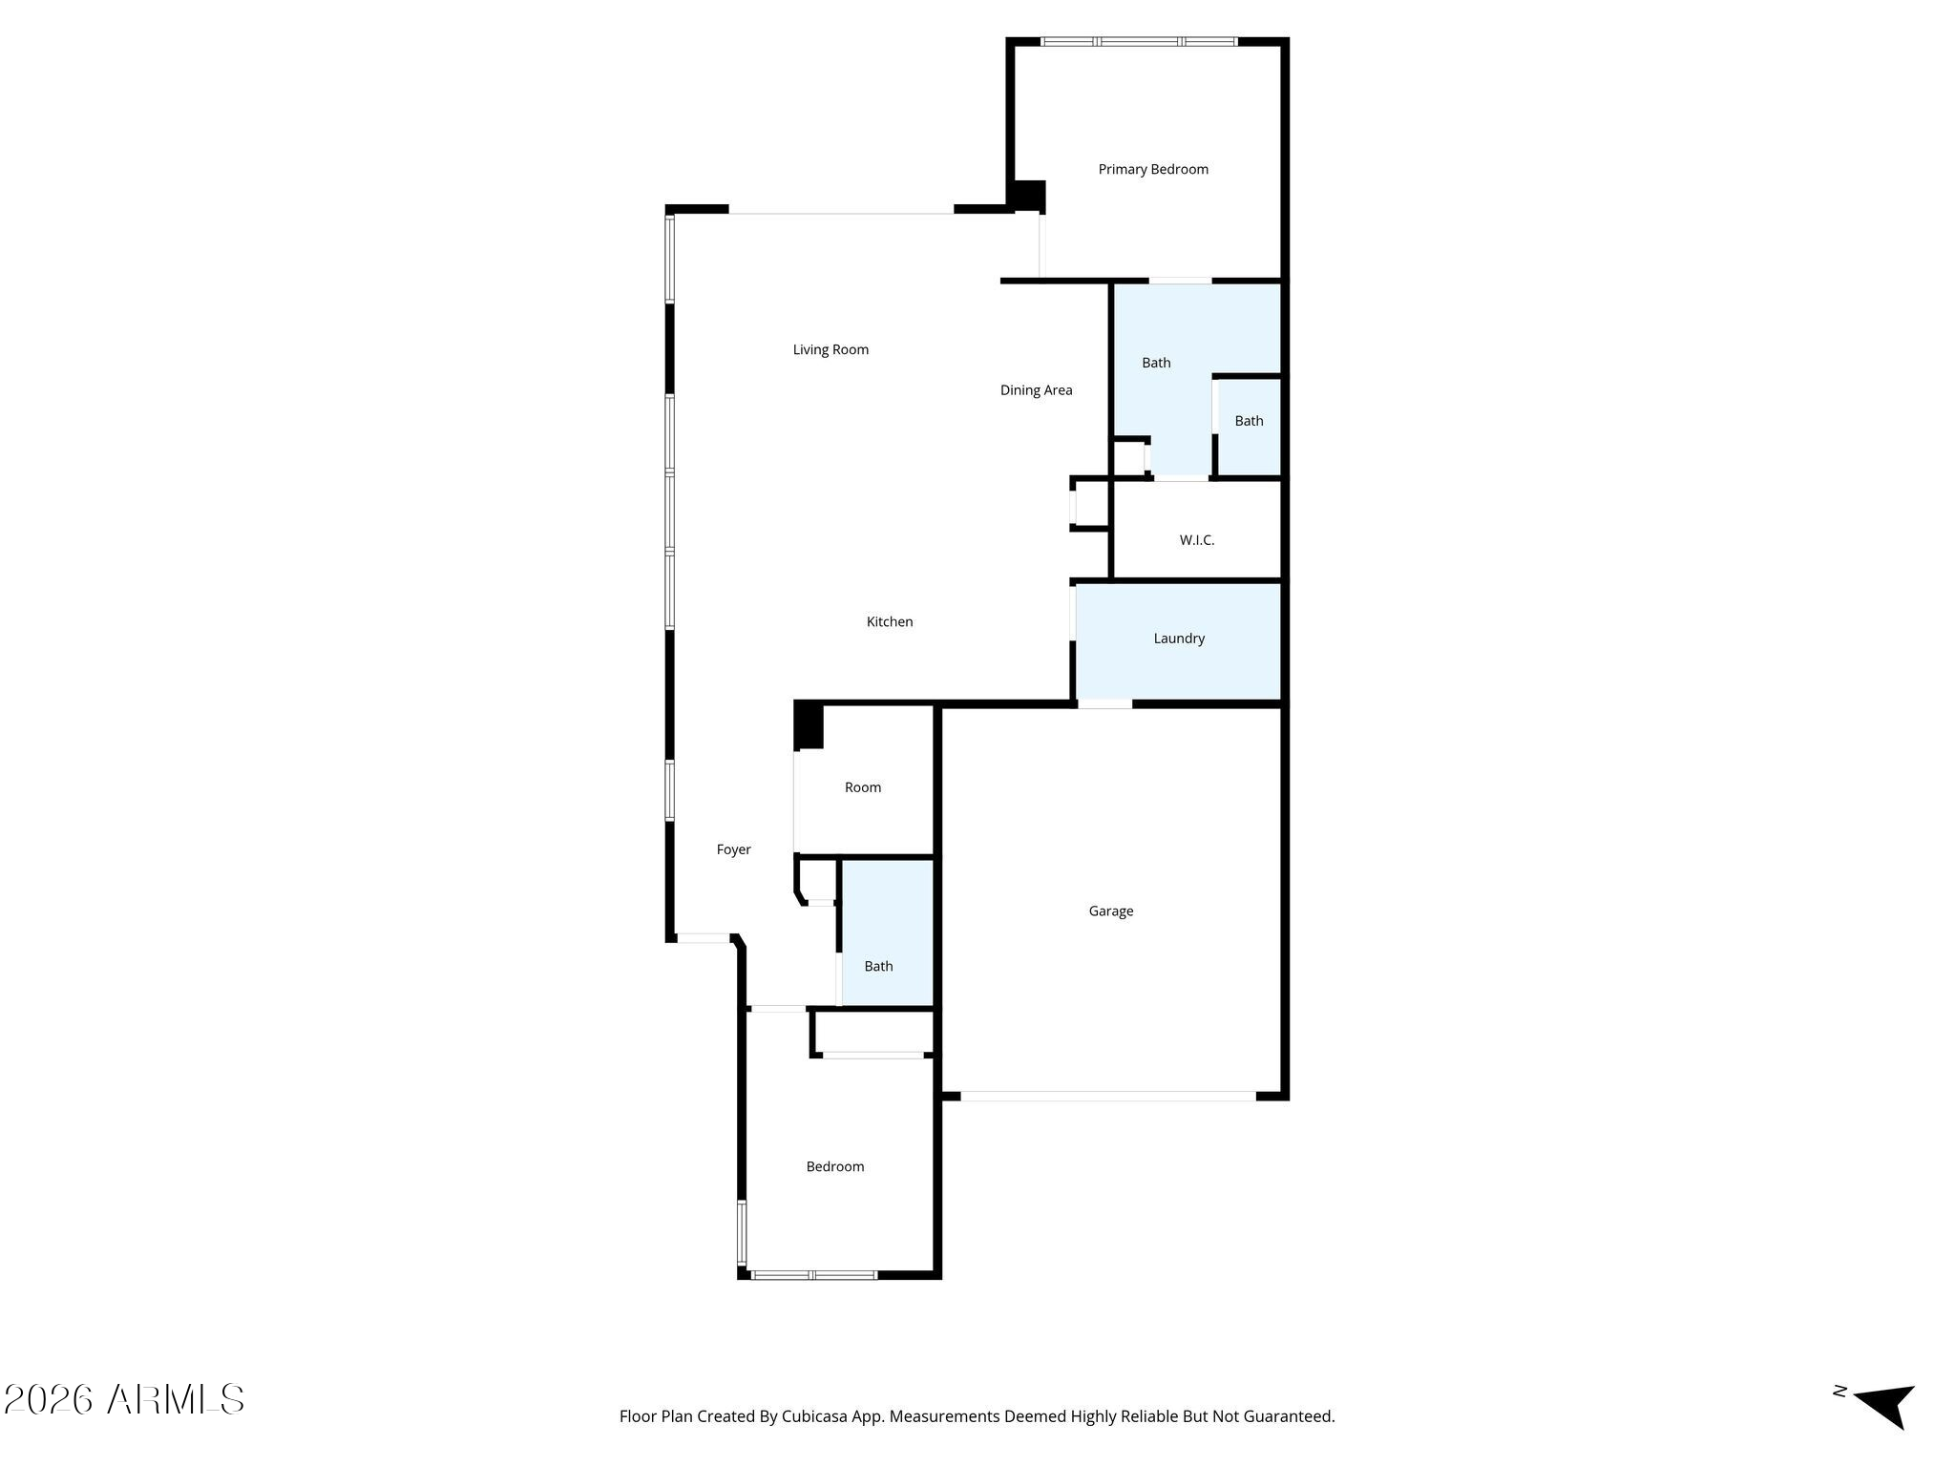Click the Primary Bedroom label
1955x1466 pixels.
[x=1153, y=170]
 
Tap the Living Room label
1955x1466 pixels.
[x=830, y=350]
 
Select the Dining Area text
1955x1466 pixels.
[x=1036, y=390]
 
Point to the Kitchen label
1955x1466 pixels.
[x=890, y=622]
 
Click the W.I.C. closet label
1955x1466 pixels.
[x=1197, y=540]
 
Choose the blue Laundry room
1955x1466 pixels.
[x=1178, y=641]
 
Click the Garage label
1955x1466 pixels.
[x=1111, y=911]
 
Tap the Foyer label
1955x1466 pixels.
[x=734, y=849]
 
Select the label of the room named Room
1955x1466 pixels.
[x=863, y=787]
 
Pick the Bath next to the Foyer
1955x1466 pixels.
[x=887, y=932]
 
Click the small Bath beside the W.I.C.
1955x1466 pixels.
[x=1250, y=427]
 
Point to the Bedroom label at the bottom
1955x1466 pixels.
[x=835, y=1166]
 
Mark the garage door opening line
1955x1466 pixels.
[x=1107, y=1096]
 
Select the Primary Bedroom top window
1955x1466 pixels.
[x=1139, y=42]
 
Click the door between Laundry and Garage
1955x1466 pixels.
[x=1105, y=704]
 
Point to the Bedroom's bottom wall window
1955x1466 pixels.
[x=814, y=1275]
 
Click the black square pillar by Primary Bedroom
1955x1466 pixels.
[x=1028, y=197]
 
